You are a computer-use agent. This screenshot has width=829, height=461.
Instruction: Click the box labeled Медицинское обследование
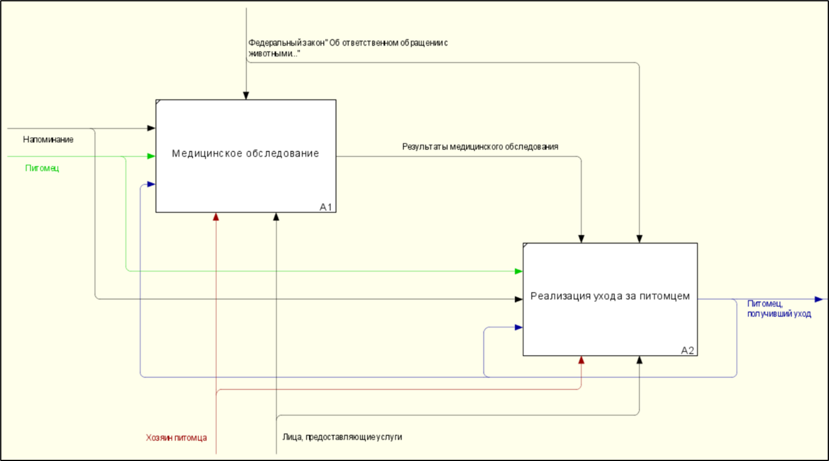coord(246,156)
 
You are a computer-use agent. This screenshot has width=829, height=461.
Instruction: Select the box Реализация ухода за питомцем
coord(610,300)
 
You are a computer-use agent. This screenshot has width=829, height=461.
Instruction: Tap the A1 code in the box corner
coord(325,207)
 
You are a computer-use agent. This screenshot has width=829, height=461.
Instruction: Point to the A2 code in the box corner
coord(688,350)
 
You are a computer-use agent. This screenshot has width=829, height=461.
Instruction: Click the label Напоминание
coord(48,139)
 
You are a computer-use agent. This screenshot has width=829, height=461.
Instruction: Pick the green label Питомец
coord(42,169)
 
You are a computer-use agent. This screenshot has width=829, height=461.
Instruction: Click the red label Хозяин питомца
coord(176,438)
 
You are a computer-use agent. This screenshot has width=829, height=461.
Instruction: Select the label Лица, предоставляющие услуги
coord(342,437)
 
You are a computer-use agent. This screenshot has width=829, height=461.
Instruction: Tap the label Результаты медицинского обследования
coord(480,147)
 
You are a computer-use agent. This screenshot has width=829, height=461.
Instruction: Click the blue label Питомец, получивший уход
coord(779,309)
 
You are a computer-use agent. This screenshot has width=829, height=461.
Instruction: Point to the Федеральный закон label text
coord(348,48)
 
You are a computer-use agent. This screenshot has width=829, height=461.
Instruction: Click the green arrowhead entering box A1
coord(151,156)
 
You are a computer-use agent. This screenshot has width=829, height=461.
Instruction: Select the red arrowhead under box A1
coord(216,217)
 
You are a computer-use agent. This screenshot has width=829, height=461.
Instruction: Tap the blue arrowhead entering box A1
coord(151,184)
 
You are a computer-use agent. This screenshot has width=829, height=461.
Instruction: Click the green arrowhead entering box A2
coord(518,271)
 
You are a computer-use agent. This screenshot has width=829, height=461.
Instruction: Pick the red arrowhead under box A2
coord(582,360)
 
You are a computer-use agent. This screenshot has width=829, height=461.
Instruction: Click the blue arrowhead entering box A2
coord(518,328)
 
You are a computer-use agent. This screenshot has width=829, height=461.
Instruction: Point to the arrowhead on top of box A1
coord(246,95)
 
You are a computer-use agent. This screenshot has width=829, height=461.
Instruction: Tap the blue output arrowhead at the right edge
coord(819,300)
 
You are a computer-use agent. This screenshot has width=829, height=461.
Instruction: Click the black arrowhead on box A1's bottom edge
coord(276,217)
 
